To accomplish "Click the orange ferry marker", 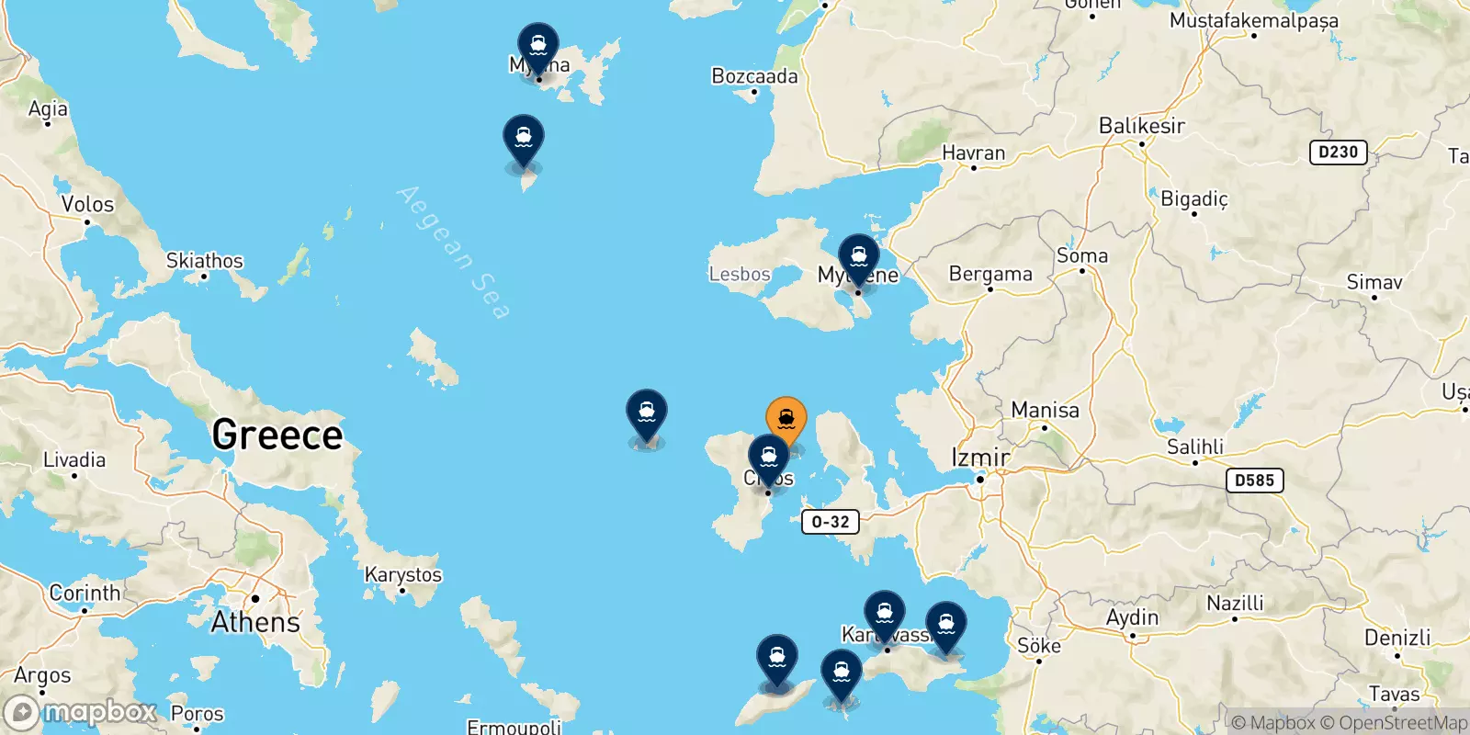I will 786,419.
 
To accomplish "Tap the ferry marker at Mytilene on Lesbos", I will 859,256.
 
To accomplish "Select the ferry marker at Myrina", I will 537,45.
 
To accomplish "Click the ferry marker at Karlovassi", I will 884,613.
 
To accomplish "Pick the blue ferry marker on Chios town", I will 768,457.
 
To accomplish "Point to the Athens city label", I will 255,622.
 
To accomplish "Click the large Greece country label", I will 277,435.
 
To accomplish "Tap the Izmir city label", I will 980,457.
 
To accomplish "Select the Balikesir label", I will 1142,125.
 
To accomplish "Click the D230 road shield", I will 1338,153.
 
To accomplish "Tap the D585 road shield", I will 1254,480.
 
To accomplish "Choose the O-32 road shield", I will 831,522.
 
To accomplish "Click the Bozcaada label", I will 754,76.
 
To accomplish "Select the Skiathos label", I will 204,261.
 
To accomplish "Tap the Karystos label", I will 403,575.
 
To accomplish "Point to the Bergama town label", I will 990,274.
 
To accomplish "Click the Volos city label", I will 87,204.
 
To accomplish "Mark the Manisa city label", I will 1045,410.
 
